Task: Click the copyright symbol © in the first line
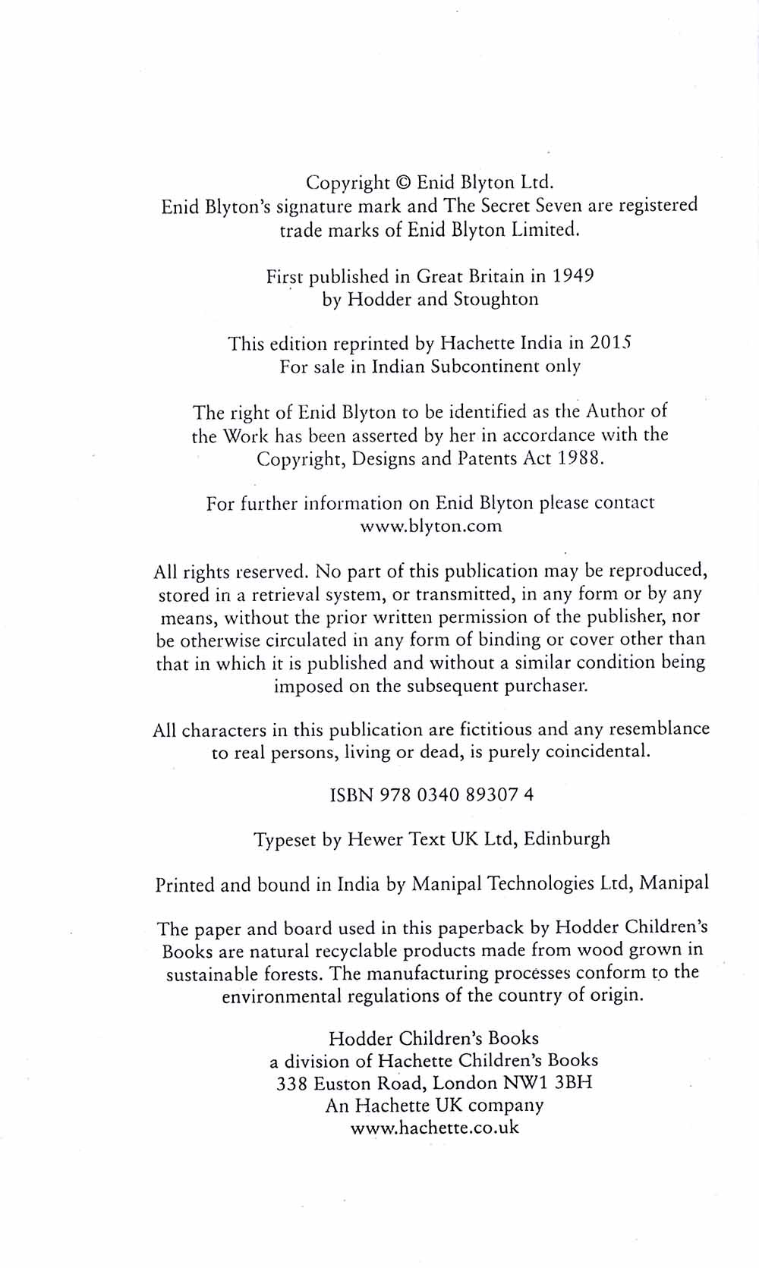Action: click(403, 183)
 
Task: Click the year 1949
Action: click(573, 275)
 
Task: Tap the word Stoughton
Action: click(496, 299)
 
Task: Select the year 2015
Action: click(611, 343)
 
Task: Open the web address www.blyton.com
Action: click(430, 527)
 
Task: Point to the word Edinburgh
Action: click(567, 839)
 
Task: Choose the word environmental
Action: click(281, 996)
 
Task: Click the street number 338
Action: click(291, 1084)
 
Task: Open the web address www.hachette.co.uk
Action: click(435, 1128)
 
